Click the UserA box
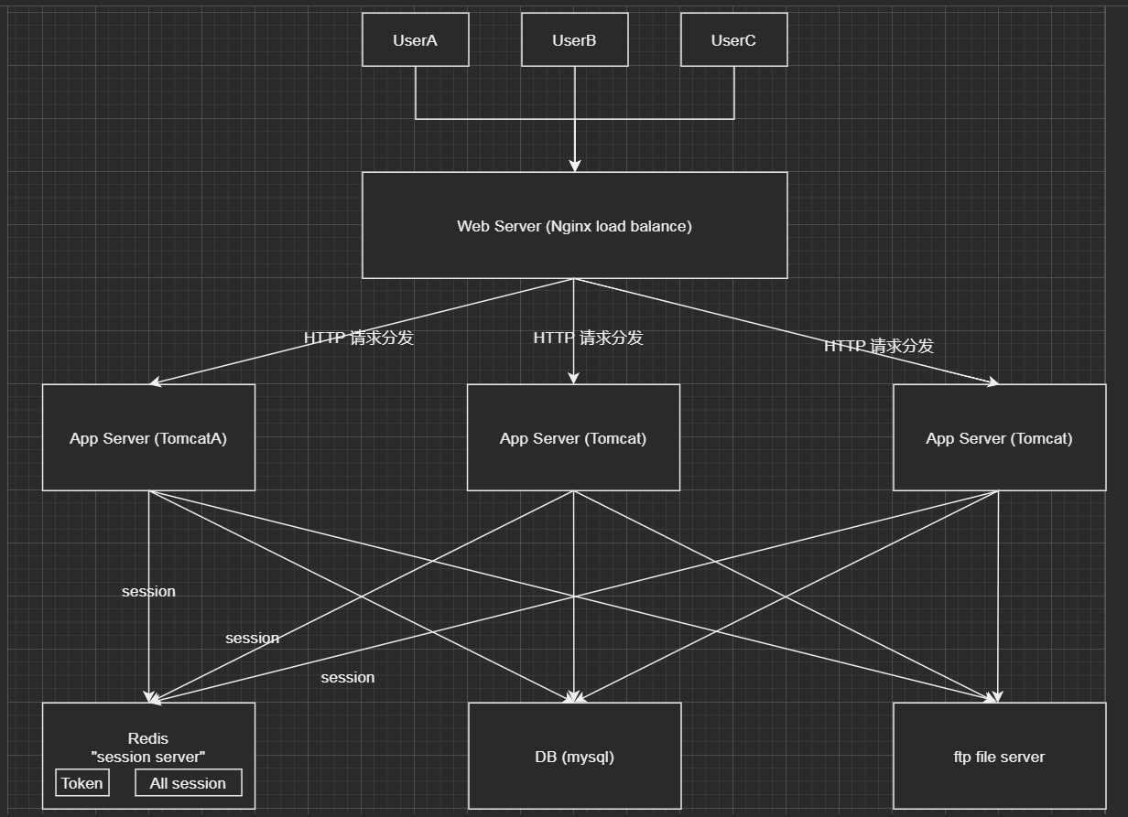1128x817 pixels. (415, 39)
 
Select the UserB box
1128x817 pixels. (574, 39)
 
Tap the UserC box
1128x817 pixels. (733, 39)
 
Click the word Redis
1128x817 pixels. (148, 738)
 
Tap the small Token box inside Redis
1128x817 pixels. (82, 783)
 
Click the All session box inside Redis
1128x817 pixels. (188, 783)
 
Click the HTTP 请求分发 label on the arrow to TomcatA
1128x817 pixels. (359, 338)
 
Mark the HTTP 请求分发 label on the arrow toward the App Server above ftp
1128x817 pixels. (878, 346)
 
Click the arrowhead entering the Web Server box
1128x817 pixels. (574, 166)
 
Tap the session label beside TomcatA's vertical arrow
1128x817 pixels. (148, 591)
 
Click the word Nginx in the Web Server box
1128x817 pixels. (572, 226)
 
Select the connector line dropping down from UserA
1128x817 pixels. (416, 91)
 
